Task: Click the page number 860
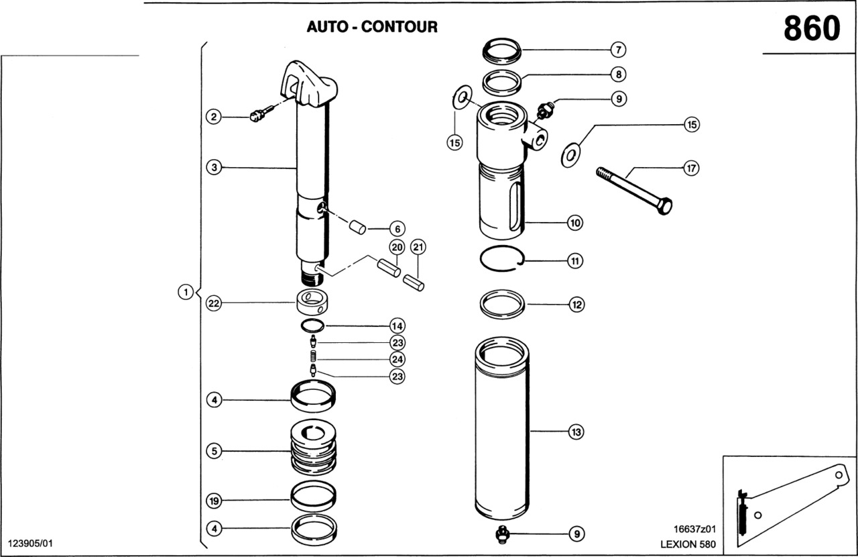(x=811, y=28)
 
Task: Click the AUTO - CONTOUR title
(x=372, y=27)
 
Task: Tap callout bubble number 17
(x=690, y=168)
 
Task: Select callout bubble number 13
(x=576, y=432)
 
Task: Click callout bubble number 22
(x=214, y=304)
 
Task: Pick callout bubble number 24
(x=397, y=359)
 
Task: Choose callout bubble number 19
(x=214, y=501)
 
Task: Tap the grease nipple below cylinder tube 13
(x=501, y=534)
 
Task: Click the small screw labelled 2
(x=255, y=117)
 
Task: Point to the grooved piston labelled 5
(x=314, y=448)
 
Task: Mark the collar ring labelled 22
(x=314, y=303)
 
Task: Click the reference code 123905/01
(x=30, y=542)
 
